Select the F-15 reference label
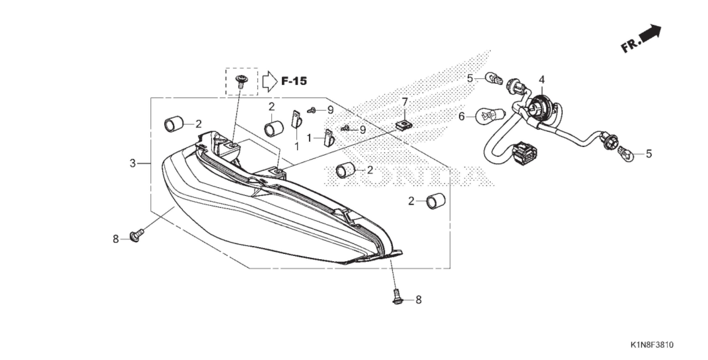(x=294, y=81)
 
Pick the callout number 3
(x=133, y=164)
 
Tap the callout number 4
(x=542, y=80)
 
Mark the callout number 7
(x=405, y=102)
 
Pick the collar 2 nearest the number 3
(x=174, y=125)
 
